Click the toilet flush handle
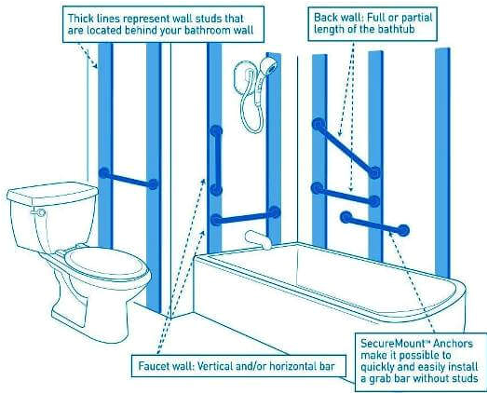39,212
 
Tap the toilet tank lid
52,193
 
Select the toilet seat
107,265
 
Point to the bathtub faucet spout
258,239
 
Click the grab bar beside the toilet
129,179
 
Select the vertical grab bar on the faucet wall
216,160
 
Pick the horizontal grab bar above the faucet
245,216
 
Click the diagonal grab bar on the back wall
346,148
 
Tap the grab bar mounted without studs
374,224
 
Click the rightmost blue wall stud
442,162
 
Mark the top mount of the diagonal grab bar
319,125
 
